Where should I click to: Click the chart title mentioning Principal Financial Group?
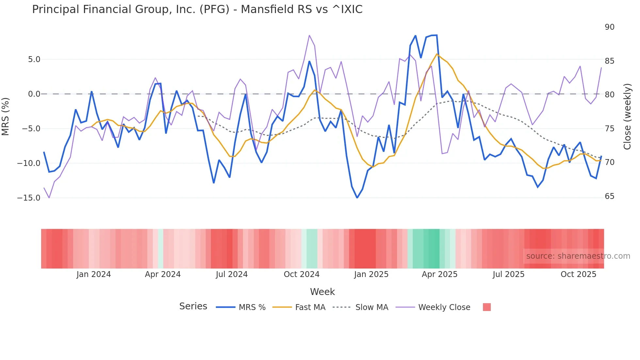(197, 9)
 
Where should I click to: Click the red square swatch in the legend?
(487, 307)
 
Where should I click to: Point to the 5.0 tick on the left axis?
(34, 59)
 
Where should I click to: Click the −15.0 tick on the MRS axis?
(29, 198)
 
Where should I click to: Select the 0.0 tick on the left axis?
(34, 94)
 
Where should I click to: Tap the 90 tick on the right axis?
(609, 27)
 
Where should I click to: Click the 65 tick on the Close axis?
(609, 196)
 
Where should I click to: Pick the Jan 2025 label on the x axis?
(371, 274)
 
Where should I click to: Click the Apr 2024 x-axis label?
(163, 274)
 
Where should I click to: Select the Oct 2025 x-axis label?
(578, 274)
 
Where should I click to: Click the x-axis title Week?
(322, 292)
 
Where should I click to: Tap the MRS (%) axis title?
(6, 116)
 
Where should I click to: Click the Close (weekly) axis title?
(627, 116)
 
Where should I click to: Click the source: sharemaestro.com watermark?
(578, 256)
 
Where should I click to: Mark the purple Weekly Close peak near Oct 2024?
(309, 35)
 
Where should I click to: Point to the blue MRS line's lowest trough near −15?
(357, 198)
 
